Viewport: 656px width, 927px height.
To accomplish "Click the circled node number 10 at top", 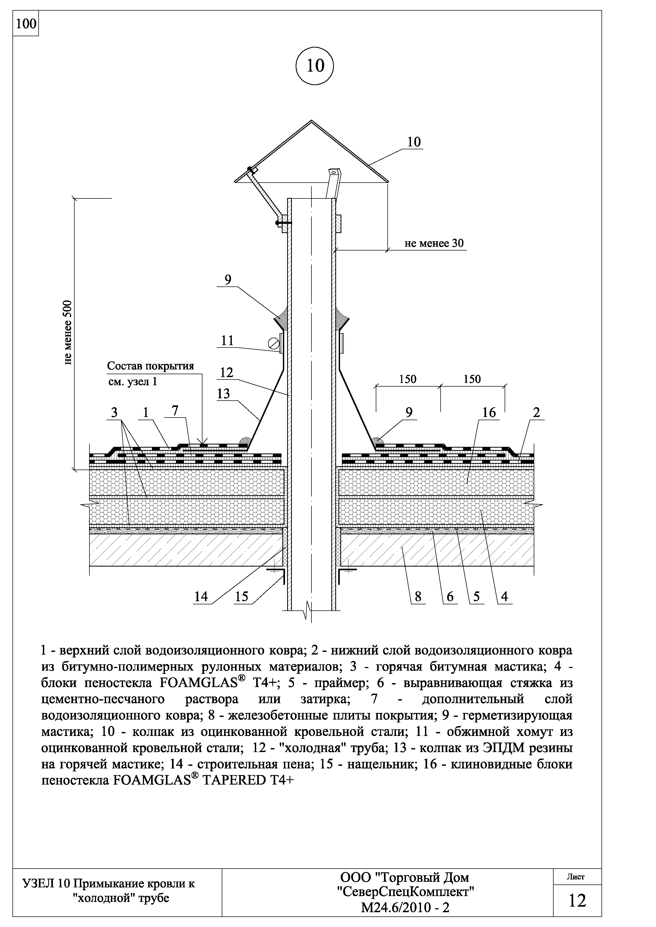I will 315,66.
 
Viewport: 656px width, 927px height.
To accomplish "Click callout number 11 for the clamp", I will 228,340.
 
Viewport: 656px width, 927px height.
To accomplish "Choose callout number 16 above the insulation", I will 489,412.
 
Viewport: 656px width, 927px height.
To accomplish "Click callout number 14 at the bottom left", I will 201,596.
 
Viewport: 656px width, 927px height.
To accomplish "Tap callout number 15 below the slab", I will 241,596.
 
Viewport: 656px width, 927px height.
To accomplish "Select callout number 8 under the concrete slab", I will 418,596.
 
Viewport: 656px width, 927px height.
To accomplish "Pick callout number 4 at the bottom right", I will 504,596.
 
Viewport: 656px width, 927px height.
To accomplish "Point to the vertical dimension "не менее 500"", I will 68,332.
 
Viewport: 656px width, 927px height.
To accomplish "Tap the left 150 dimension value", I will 408,379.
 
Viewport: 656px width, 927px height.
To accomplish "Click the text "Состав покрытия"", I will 150,366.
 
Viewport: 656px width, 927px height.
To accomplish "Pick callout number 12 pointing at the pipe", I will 227,372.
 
